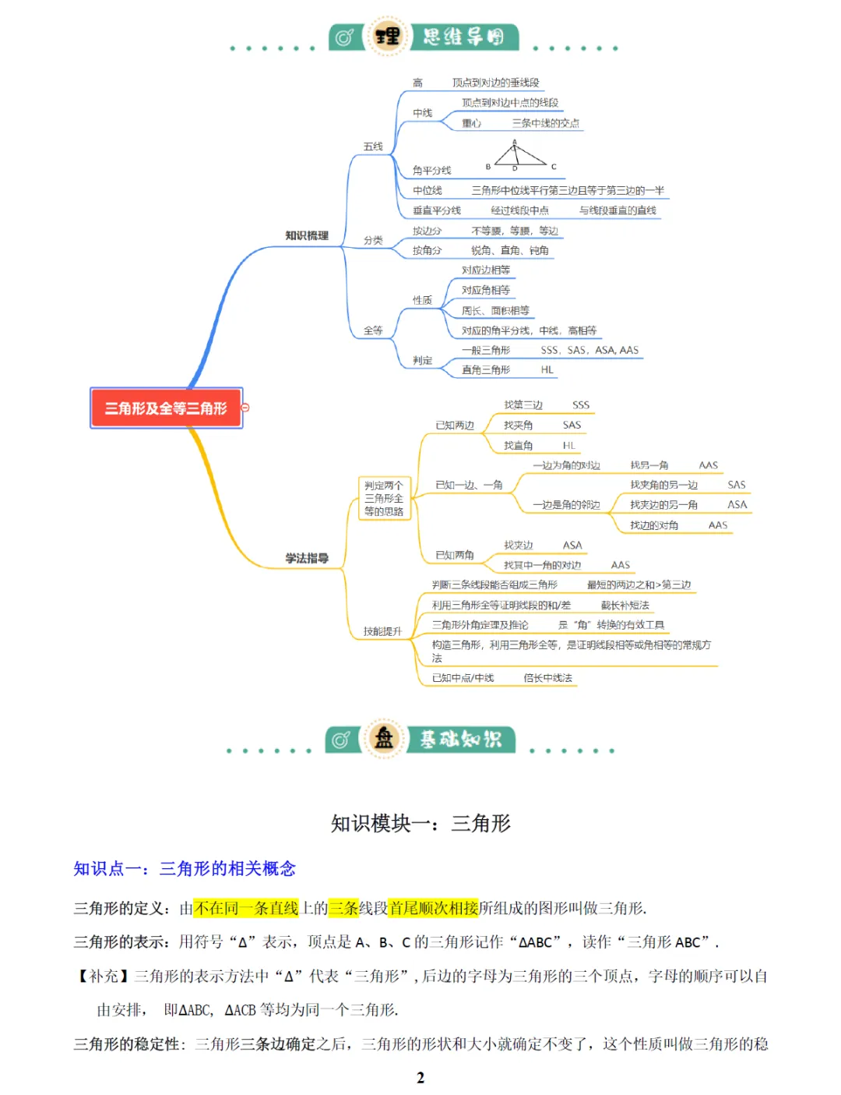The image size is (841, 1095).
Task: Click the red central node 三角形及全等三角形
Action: tap(166, 408)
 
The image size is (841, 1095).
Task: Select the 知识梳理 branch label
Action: tap(307, 235)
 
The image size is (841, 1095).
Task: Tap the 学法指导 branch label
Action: tap(307, 558)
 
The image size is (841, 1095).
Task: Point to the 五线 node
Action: tap(373, 147)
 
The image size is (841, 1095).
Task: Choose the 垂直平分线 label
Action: tap(437, 210)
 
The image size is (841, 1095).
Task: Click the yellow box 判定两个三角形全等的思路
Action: tap(384, 498)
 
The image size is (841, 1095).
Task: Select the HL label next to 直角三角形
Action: tap(547, 369)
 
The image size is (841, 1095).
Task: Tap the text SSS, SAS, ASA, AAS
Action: tap(589, 350)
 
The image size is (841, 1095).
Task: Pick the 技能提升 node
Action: tap(382, 631)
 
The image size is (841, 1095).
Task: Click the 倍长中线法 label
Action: tap(547, 678)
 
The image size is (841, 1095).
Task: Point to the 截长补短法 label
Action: tap(625, 605)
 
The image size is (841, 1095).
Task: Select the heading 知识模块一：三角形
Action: tap(420, 823)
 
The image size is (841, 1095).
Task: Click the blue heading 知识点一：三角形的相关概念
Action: tap(185, 868)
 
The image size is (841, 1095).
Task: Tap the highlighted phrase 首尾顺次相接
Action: tap(434, 908)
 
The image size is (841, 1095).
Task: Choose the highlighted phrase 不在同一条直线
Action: tap(246, 908)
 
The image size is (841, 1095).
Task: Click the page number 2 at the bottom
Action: tap(420, 1078)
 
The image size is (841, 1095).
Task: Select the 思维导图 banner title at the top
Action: tap(464, 37)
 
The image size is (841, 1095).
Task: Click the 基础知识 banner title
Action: tap(461, 739)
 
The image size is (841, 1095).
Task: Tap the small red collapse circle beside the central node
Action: tap(245, 408)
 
